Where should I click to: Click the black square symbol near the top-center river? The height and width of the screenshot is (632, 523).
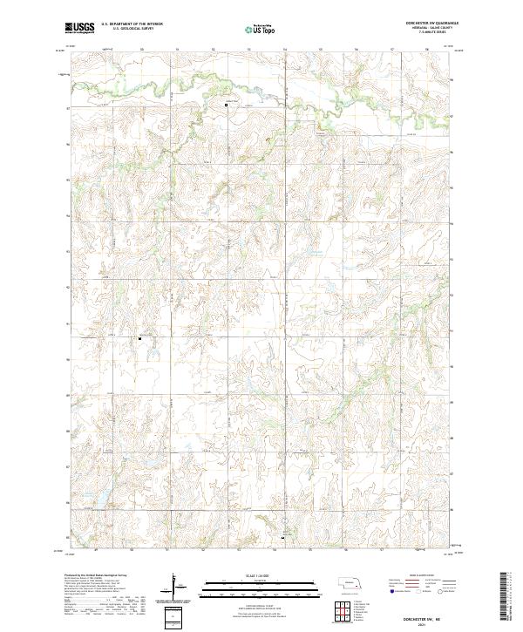[x=228, y=105]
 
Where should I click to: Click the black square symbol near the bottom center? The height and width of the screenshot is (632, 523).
[x=283, y=538]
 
